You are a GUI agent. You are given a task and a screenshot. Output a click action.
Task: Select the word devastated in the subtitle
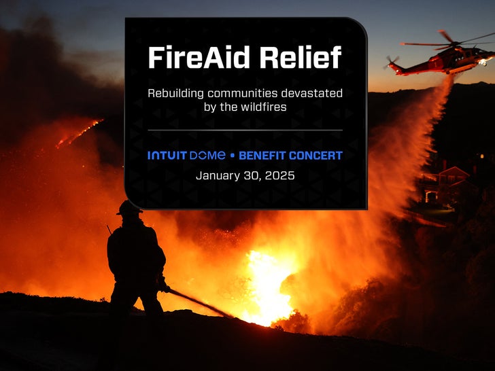[313, 92]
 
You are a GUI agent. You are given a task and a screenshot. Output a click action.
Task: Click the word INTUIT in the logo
[167, 156]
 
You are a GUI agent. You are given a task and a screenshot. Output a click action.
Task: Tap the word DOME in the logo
[207, 156]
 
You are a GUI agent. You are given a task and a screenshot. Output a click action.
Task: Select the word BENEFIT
[262, 156]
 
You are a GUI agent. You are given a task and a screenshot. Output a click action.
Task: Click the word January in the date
[218, 175]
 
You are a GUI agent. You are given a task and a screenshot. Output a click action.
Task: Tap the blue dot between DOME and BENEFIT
[233, 156]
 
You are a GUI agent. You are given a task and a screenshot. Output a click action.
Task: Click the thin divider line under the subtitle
[245, 130]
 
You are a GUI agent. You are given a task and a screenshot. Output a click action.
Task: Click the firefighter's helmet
[129, 207]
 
